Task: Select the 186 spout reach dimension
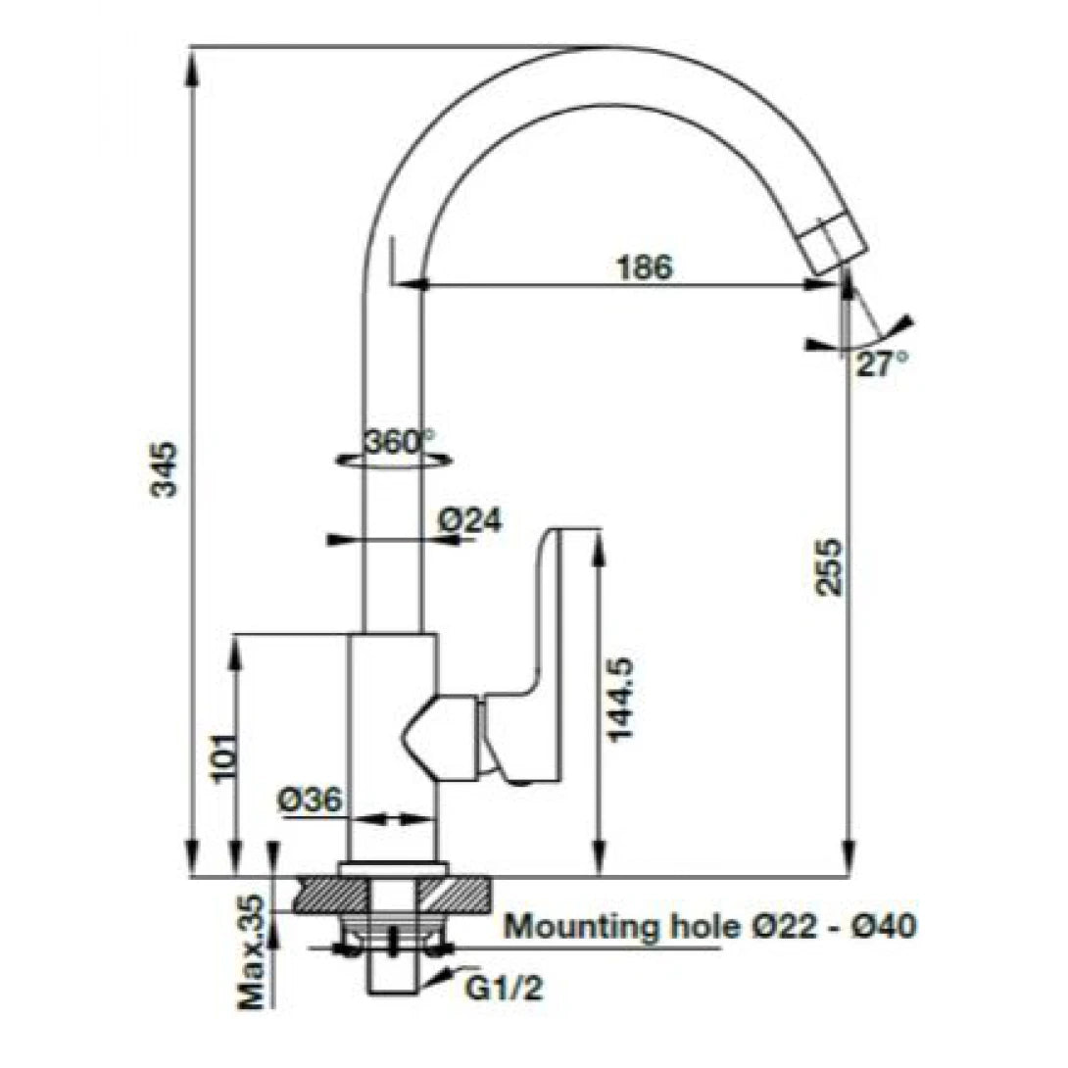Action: pyautogui.click(x=644, y=267)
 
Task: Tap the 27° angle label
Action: pyautogui.click(x=881, y=364)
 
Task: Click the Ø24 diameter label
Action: pyautogui.click(x=469, y=521)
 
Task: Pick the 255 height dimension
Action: pyautogui.click(x=828, y=566)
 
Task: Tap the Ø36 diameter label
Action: pyautogui.click(x=310, y=801)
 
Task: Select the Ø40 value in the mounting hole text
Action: pyautogui.click(x=884, y=925)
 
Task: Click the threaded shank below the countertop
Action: pyautogui.click(x=393, y=970)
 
